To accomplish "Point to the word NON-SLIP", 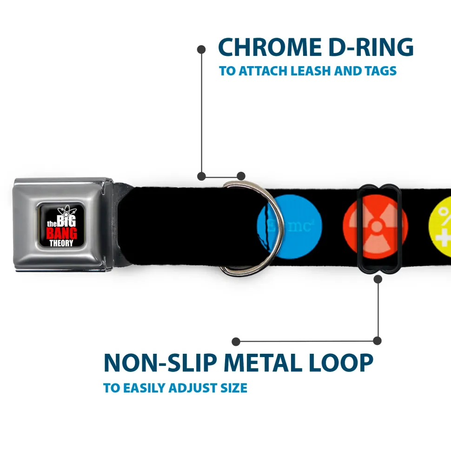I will click(x=160, y=363).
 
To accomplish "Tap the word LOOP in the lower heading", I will click(x=344, y=363).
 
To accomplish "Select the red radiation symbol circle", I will click(x=375, y=226).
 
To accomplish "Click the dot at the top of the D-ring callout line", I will click(x=201, y=49).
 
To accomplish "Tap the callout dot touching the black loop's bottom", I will click(x=378, y=279).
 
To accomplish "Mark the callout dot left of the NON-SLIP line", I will click(x=236, y=342).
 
